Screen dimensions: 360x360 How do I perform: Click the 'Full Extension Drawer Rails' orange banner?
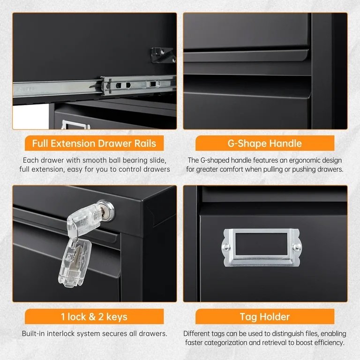click(x=94, y=143)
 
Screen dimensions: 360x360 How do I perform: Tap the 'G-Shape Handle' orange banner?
click(x=265, y=143)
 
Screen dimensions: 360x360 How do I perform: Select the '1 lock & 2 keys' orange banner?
click(x=94, y=316)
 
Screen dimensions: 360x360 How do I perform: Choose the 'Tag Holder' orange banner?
click(x=265, y=316)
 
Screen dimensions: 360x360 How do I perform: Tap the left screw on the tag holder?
click(x=226, y=247)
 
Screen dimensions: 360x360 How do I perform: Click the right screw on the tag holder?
click(x=296, y=247)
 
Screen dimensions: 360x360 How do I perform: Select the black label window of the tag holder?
click(x=261, y=244)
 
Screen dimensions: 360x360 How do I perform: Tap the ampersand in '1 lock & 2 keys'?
click(x=92, y=317)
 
